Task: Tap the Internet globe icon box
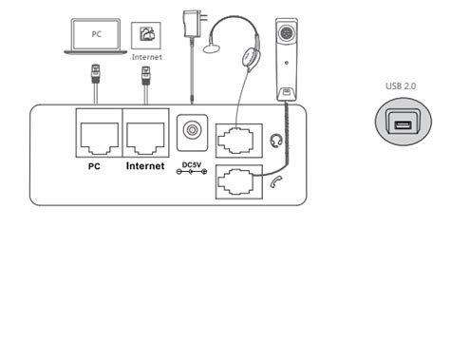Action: [146, 37]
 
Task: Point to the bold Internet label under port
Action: [145, 165]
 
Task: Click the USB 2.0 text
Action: [403, 85]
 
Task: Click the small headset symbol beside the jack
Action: [276, 140]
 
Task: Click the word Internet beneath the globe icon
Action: [147, 57]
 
